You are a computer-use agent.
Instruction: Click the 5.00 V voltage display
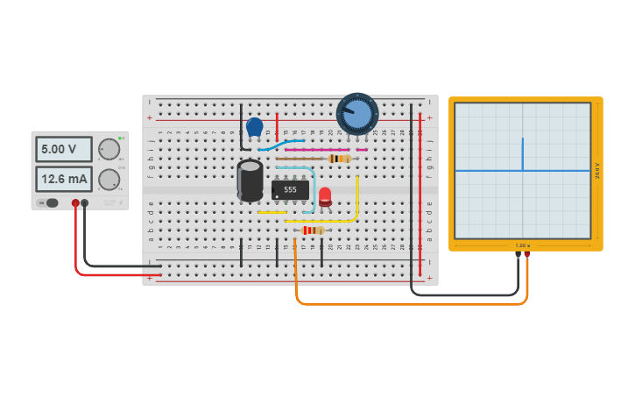click(63, 149)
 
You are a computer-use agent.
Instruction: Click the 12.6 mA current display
click(63, 179)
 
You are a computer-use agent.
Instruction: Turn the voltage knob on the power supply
click(109, 149)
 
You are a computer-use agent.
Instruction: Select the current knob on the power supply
click(109, 180)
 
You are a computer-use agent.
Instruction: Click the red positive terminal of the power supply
click(75, 203)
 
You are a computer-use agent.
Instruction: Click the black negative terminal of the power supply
click(85, 203)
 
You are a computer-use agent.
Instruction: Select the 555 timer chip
click(290, 189)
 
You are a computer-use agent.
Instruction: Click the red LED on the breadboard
click(325, 195)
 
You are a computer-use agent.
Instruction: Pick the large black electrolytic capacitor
click(250, 180)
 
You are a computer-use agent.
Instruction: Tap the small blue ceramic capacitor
click(255, 127)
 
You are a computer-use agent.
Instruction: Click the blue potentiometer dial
click(357, 114)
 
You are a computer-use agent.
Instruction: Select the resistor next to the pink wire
click(339, 159)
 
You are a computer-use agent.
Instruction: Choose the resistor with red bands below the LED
click(312, 230)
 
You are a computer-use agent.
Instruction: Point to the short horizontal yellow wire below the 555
click(272, 212)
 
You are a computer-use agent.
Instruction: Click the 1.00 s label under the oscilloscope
click(523, 245)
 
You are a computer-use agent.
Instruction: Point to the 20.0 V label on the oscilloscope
click(597, 170)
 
